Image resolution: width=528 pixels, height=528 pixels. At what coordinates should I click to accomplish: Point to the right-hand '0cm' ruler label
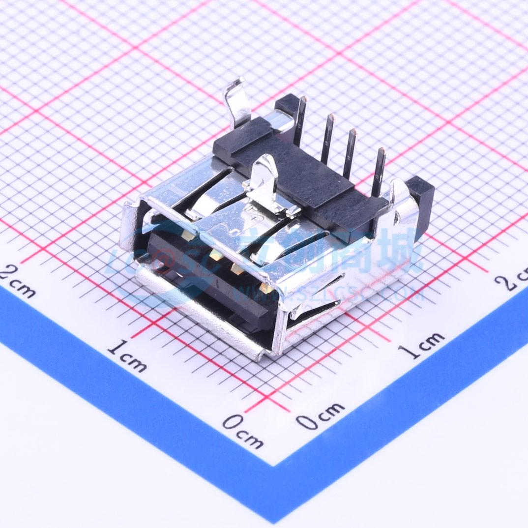(320, 415)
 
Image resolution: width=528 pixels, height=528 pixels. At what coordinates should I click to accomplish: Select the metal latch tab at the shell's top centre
(265, 184)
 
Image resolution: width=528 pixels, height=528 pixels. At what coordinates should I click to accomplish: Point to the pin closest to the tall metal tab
(300, 120)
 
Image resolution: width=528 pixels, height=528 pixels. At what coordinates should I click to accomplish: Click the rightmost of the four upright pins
(379, 172)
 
